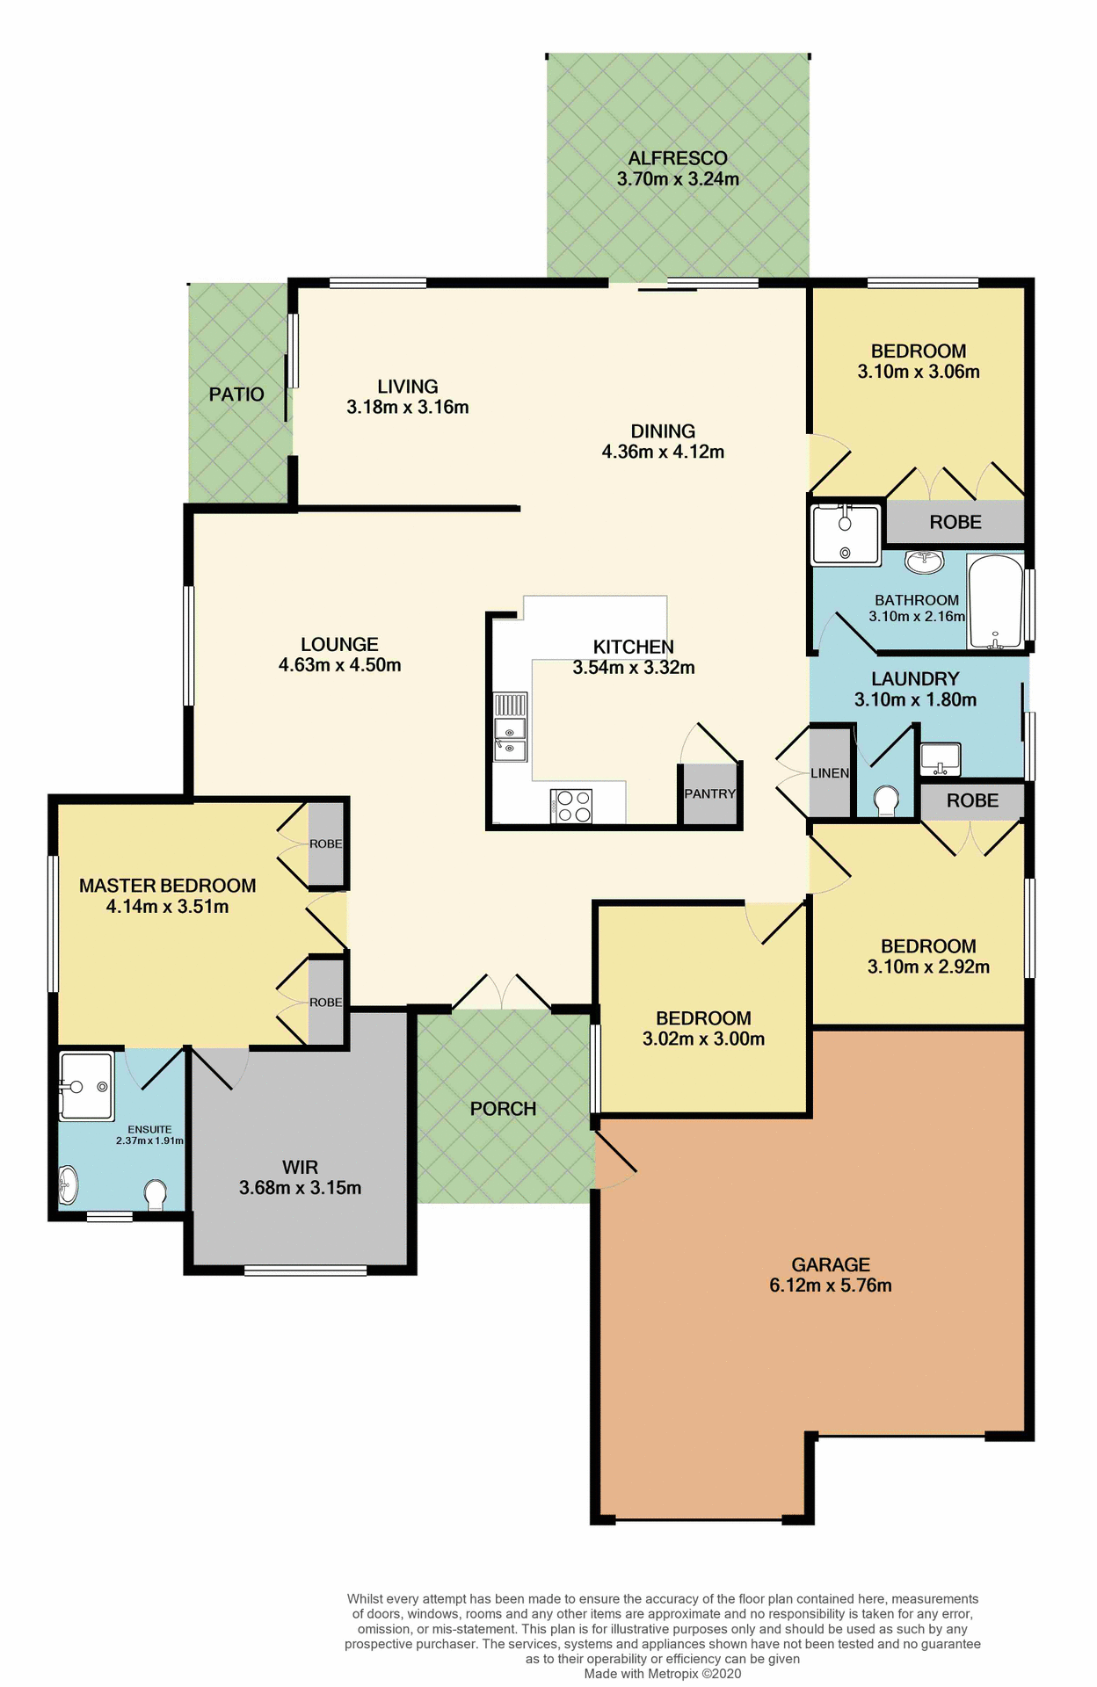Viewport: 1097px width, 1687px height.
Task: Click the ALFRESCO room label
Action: click(677, 159)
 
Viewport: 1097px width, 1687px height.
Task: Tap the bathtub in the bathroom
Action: click(994, 602)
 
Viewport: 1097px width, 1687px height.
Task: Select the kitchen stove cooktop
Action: click(572, 807)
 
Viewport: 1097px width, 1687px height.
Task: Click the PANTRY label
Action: click(709, 793)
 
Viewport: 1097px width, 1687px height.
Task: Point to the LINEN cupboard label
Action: click(830, 773)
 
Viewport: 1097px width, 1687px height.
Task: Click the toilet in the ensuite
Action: click(156, 1195)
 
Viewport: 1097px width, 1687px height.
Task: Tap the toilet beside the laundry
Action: click(886, 800)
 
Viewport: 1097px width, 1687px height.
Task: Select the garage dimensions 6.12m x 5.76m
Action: click(830, 1285)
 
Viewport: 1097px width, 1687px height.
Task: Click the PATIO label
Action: click(236, 395)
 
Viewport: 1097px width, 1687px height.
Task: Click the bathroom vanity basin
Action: click(924, 561)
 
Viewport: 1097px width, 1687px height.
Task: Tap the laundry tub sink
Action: click(940, 759)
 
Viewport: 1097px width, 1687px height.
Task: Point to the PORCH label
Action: click(503, 1109)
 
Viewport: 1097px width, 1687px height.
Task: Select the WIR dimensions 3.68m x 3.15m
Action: click(300, 1188)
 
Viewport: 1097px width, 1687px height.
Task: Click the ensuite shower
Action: click(86, 1087)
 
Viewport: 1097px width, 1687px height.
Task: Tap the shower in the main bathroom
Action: click(845, 534)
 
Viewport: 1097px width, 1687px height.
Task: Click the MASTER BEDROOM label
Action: click(167, 886)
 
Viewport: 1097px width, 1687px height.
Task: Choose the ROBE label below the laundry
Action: click(972, 800)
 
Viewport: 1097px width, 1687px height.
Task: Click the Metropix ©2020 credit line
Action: click(662, 1674)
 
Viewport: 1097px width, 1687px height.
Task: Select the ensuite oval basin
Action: click(68, 1185)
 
